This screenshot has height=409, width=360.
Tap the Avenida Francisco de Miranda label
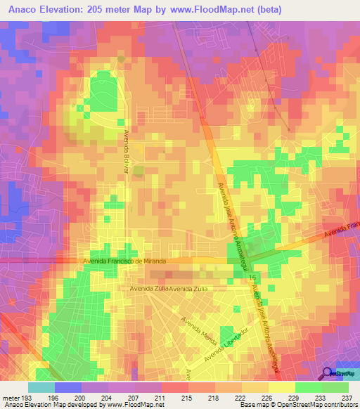(124, 261)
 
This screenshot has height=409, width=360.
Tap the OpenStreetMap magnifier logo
(328, 373)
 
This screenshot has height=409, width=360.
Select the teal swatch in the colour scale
(41, 387)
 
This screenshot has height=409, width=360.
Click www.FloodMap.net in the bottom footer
(131, 405)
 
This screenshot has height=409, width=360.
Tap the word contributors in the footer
(340, 405)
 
